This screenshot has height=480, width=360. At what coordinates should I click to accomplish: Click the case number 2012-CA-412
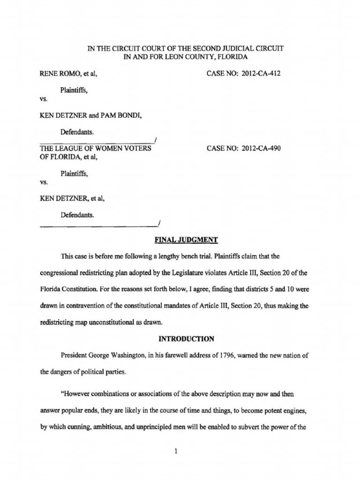261,73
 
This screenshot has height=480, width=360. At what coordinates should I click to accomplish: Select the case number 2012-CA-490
261,149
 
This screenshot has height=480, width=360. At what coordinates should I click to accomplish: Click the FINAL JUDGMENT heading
186,240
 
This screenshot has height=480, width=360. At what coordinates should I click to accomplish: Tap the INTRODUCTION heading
186,338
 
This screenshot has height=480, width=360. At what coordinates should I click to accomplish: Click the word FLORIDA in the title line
230,57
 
